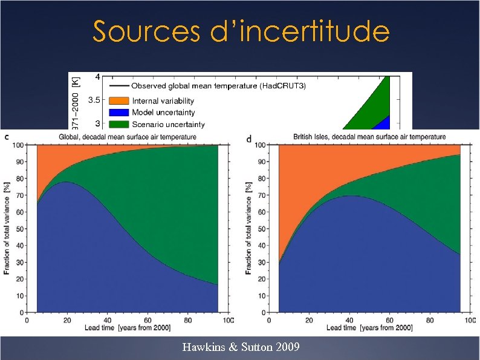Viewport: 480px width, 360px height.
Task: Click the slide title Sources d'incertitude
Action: pyautogui.click(x=241, y=31)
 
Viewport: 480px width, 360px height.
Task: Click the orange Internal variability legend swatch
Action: pyautogui.click(x=118, y=100)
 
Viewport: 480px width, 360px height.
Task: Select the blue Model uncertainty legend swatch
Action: pyautogui.click(x=118, y=113)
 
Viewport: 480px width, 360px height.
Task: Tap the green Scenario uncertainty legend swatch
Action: pyautogui.click(x=118, y=125)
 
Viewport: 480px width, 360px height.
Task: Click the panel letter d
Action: pyautogui.click(x=250, y=139)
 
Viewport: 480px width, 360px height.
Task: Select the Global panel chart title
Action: pyautogui.click(x=128, y=137)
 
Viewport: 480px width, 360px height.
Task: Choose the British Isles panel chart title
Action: pyautogui.click(x=369, y=137)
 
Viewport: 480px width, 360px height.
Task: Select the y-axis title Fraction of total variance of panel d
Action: pyautogui.click(x=248, y=227)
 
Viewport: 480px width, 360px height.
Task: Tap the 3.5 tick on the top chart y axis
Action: pyautogui.click(x=94, y=101)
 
